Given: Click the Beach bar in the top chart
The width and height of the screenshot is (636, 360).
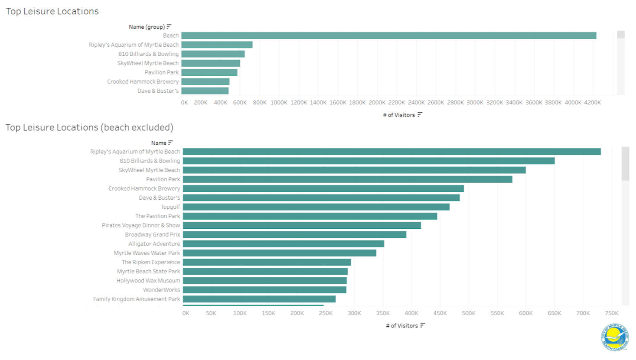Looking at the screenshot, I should pos(388,36).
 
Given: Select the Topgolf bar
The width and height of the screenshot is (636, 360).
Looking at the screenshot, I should pos(316,207).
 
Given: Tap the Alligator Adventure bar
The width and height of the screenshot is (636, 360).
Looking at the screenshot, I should pos(283,244).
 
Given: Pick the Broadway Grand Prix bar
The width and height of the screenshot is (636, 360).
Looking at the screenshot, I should pos(294,234).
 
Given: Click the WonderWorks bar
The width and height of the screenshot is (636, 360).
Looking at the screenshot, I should pos(264,290).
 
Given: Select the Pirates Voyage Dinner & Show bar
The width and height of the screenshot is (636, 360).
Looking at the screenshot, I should pos(302,225).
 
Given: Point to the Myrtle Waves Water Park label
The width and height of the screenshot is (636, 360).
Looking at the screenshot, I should pos(147,253).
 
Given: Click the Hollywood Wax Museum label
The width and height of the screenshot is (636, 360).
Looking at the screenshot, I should pos(148,281).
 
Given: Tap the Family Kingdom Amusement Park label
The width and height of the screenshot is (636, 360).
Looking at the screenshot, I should pos(137,299).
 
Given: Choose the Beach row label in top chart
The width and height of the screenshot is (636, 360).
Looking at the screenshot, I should pos(171,36).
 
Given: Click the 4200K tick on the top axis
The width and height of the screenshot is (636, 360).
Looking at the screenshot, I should pos(592,103).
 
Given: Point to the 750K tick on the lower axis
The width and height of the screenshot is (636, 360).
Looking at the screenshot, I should pos(611,313).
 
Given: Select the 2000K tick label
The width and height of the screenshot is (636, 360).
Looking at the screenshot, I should pos(377,103).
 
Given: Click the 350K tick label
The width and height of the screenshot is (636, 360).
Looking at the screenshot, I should pos(383,313).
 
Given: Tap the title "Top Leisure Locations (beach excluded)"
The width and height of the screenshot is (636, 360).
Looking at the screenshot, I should pos(89,127).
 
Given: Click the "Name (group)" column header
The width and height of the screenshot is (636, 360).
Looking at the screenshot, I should pos(147,27).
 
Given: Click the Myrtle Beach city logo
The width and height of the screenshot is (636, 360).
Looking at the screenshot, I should pos(615,337).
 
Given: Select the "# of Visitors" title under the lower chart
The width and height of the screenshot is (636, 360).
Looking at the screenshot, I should pos(402,326).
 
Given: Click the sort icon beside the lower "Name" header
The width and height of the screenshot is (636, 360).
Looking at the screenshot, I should pos(170,143).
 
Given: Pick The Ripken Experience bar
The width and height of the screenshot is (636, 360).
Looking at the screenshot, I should pos(267,262).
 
